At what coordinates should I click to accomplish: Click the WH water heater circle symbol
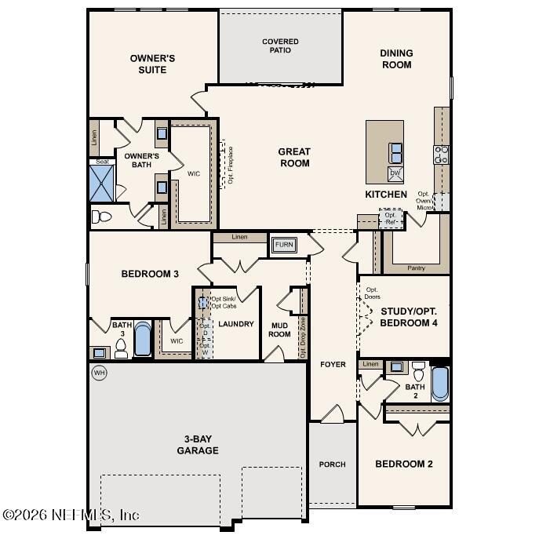100,372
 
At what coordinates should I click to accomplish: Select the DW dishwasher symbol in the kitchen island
395,173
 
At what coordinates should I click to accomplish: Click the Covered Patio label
280,46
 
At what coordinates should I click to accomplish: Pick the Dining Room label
396,59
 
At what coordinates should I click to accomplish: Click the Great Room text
294,157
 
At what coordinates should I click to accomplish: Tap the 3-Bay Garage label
197,445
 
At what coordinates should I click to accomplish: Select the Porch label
332,464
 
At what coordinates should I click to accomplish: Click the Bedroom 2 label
403,464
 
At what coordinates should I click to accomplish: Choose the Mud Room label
280,329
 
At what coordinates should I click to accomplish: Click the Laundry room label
235,323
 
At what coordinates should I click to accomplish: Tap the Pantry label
416,268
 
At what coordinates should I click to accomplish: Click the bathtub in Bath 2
439,384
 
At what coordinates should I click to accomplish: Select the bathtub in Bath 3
143,340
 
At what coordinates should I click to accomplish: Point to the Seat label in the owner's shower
102,162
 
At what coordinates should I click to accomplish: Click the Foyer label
332,365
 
